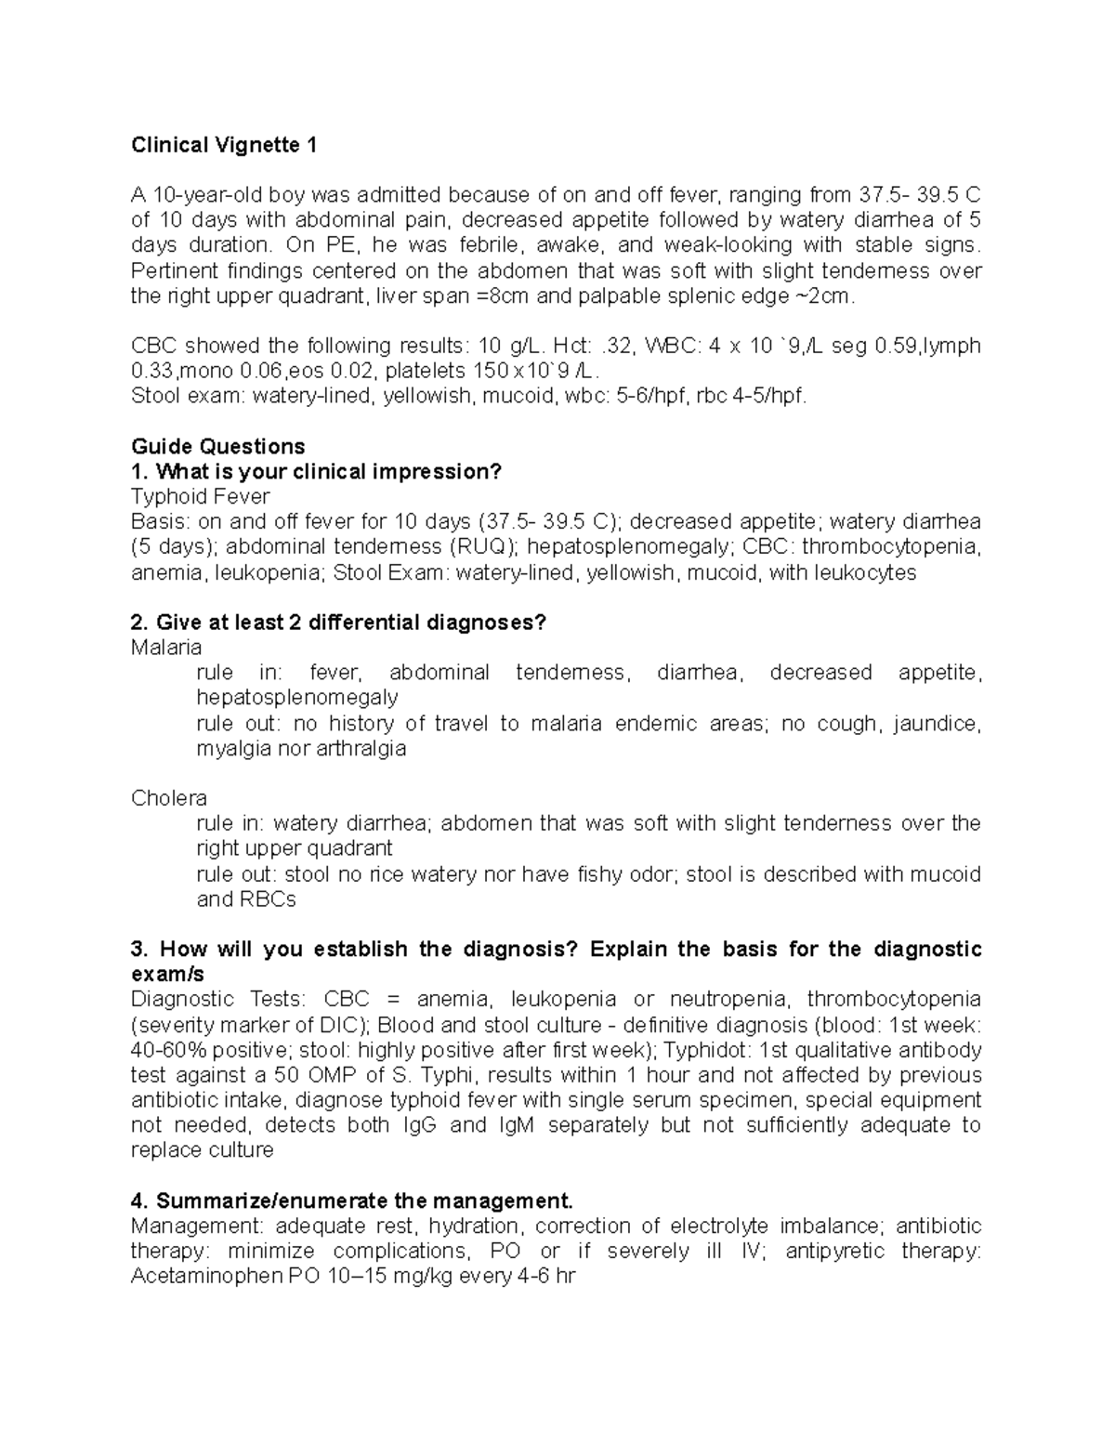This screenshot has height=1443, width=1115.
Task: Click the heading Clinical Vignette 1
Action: tap(224, 145)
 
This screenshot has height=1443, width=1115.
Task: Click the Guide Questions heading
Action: tap(218, 446)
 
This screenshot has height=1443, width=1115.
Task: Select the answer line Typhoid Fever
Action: tap(201, 496)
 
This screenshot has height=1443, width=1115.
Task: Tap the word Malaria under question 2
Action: tap(166, 647)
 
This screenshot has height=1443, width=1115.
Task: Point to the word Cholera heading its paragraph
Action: tap(169, 798)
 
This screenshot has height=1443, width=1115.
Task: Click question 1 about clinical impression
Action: tap(316, 471)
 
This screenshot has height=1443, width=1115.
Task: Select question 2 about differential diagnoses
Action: tap(339, 622)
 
